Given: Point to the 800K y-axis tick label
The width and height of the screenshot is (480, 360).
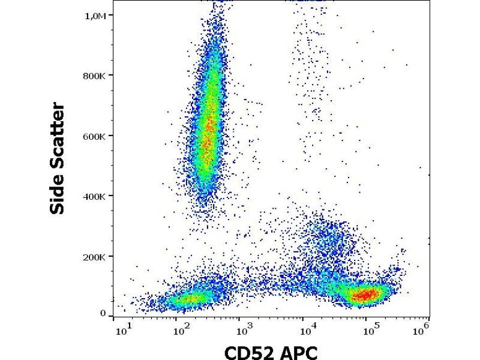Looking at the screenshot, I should (95, 76).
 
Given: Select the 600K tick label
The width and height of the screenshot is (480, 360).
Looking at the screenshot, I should (95, 136).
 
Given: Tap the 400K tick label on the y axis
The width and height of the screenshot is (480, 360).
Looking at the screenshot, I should (95, 196).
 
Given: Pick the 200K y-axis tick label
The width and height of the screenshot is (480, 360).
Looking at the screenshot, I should (95, 257).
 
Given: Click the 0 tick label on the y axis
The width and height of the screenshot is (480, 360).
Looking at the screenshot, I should (103, 313).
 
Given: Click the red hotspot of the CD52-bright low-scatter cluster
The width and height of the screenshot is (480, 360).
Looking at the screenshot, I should (364, 295).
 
